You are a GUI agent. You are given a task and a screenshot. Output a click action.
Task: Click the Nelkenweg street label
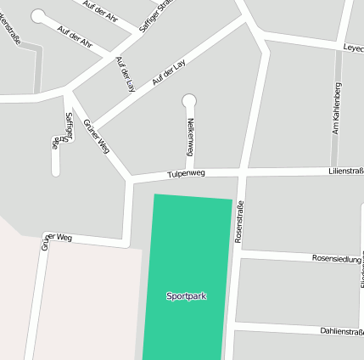point(191,136)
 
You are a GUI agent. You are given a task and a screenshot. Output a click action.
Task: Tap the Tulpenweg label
point(187,174)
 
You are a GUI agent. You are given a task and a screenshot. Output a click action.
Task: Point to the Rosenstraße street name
point(238,222)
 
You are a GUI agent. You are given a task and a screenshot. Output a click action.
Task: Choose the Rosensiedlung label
point(336,257)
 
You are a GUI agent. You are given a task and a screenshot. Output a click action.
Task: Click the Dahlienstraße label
point(342,331)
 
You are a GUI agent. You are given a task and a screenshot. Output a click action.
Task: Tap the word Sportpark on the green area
point(186,296)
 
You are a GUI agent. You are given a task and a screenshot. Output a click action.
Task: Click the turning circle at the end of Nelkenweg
point(188,100)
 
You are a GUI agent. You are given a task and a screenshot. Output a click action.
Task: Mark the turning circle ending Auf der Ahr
point(38,15)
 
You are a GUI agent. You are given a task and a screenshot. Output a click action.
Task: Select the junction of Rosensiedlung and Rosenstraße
point(237,255)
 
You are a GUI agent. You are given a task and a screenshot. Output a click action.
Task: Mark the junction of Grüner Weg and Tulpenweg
point(130,179)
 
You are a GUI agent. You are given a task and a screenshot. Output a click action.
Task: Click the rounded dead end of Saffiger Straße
point(55,172)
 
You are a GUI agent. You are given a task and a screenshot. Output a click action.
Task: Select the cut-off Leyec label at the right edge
point(353,49)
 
